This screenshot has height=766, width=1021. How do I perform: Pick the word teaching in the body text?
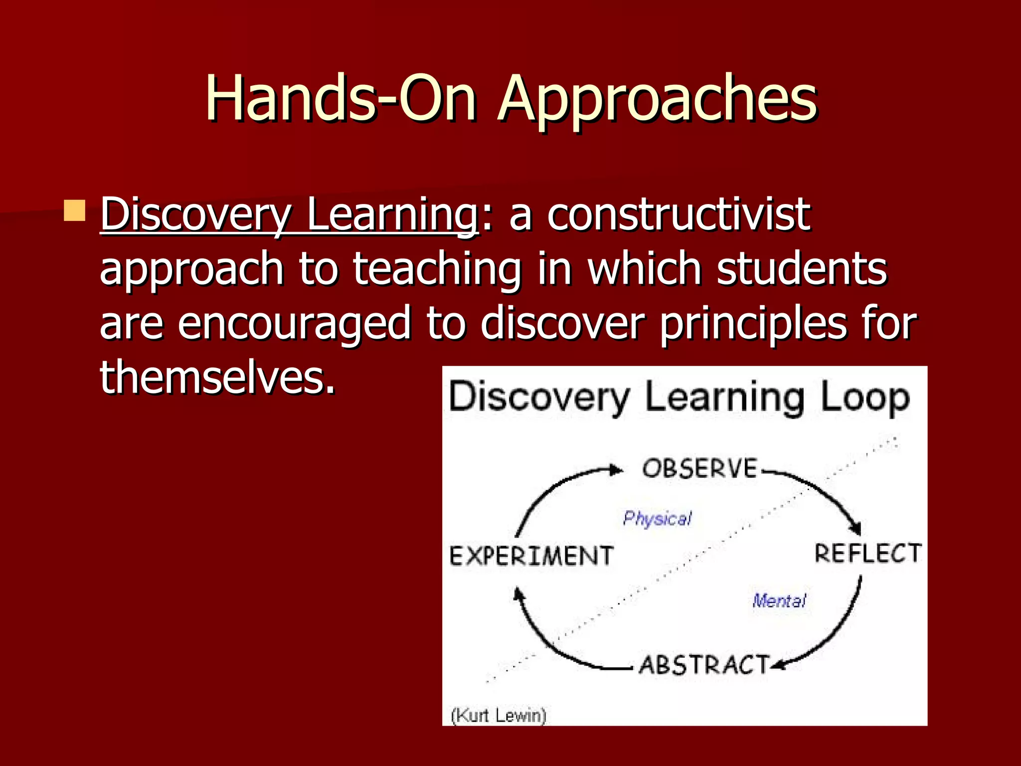coord(437,270)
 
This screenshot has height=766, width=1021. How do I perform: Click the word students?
coord(802,269)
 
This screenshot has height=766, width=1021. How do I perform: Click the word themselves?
coord(217,378)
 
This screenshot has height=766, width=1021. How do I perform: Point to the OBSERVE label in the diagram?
coord(700,469)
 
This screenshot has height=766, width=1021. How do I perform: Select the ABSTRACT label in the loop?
coord(704,665)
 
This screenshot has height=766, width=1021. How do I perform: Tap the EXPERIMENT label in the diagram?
coord(531,556)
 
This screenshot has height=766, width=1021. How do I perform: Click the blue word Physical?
coord(657,519)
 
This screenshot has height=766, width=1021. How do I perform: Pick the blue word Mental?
coord(779,600)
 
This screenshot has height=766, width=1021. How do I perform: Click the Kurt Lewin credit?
coord(499,716)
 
